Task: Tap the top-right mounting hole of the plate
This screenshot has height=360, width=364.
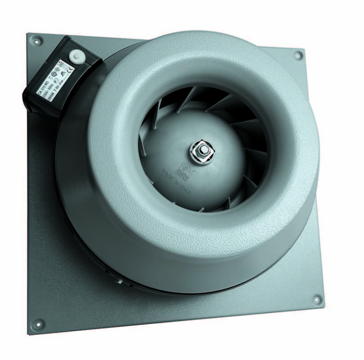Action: click(298, 55)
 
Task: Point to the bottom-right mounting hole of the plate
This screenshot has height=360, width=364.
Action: click(316, 299)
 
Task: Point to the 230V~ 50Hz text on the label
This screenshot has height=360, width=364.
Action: click(48, 91)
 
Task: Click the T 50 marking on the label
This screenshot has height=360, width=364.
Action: click(57, 89)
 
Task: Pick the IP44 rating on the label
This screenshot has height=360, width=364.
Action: click(61, 83)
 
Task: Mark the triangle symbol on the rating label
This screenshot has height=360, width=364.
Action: click(63, 73)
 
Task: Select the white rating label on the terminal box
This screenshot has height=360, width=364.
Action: click(55, 80)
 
